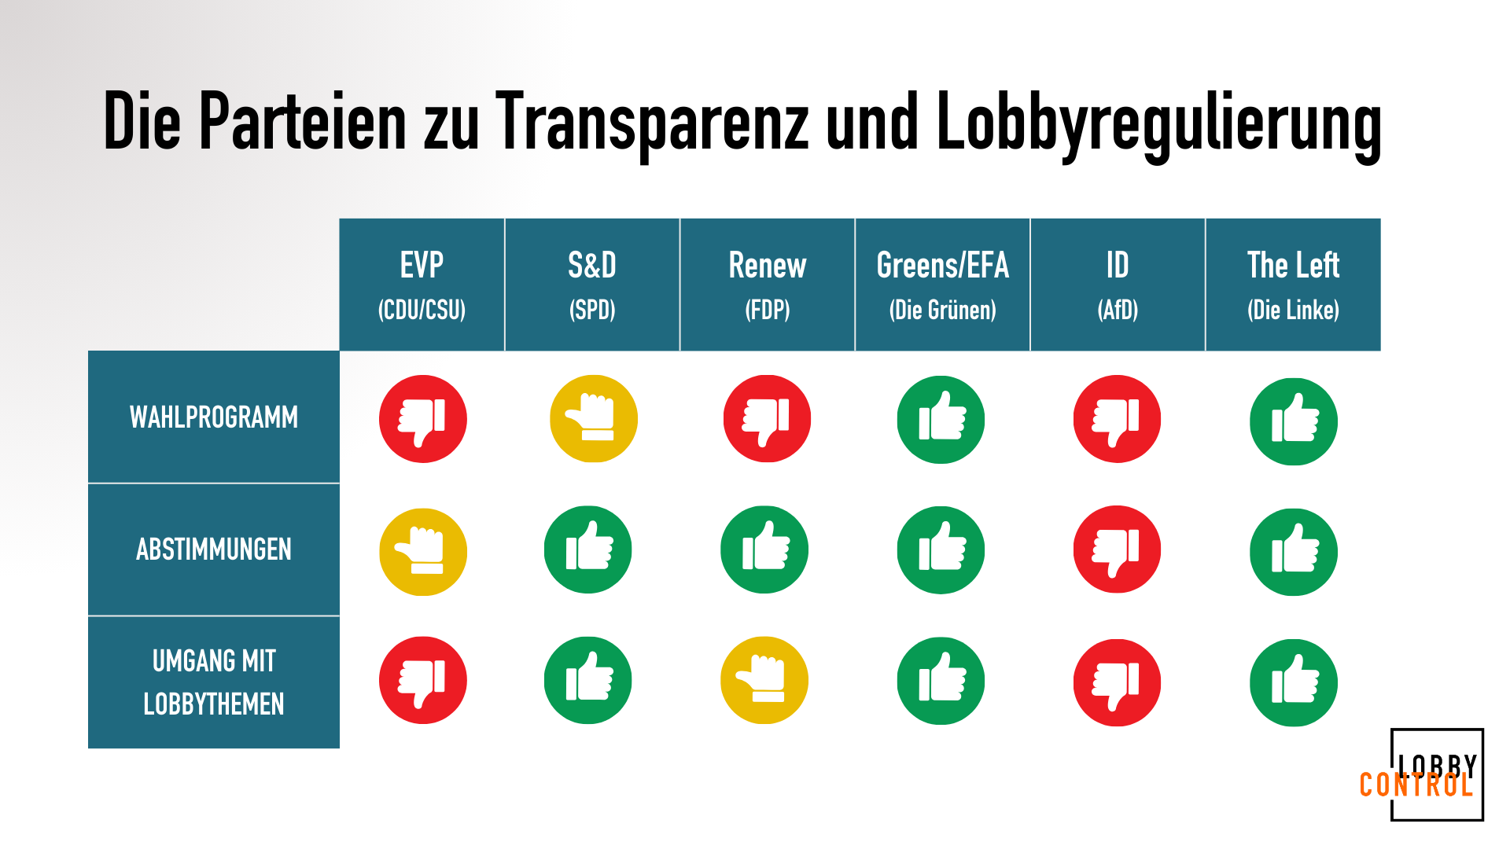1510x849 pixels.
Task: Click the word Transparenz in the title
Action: point(651,121)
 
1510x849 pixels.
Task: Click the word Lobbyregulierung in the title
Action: point(1158,124)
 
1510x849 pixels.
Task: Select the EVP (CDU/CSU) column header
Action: point(422,285)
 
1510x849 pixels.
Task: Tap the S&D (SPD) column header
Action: point(592,285)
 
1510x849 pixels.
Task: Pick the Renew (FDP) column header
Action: point(768,285)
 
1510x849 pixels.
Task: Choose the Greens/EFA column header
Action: point(942,285)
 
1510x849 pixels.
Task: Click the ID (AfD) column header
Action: point(1118,285)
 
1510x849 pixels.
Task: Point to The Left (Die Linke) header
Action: point(1294,285)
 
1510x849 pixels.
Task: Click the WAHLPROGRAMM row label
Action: point(214,417)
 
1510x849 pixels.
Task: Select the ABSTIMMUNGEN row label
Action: point(214,549)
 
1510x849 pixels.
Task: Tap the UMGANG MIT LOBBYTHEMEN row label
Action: point(214,682)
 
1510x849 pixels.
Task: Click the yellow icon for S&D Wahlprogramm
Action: point(594,419)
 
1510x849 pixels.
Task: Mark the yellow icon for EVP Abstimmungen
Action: point(423,552)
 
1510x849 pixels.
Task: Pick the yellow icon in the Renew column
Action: point(764,680)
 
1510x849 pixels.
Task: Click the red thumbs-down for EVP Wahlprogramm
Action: point(423,419)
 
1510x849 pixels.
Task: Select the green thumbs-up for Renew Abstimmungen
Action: point(764,549)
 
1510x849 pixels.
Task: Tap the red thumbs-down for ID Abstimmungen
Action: point(1118,549)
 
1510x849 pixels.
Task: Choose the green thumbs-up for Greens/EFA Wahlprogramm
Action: point(941,420)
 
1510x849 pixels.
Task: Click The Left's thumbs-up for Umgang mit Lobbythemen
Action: point(1294,682)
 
